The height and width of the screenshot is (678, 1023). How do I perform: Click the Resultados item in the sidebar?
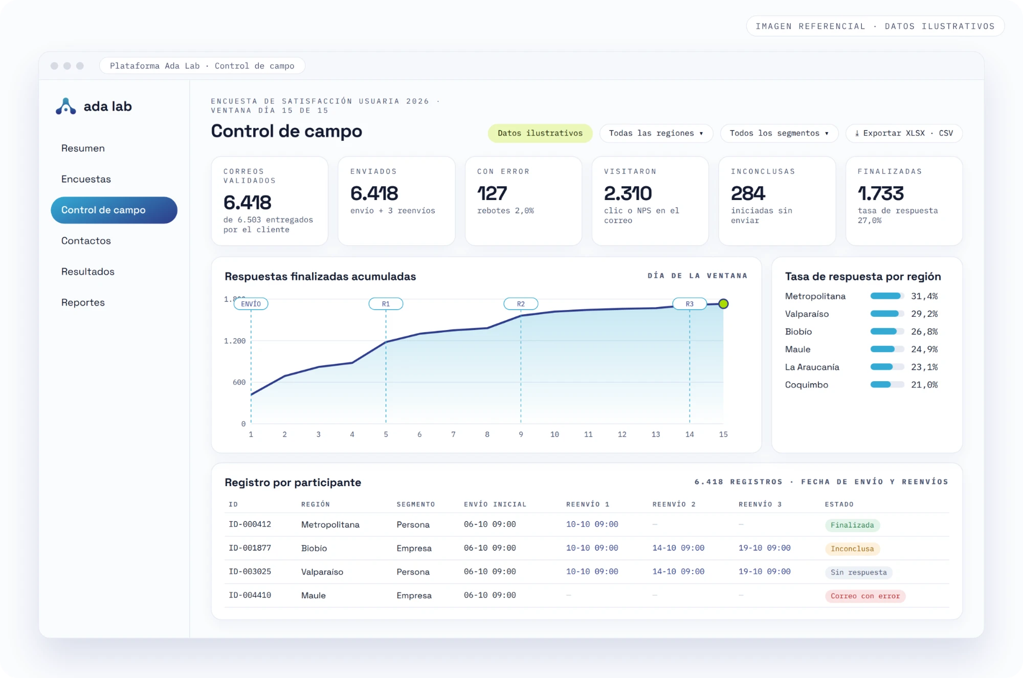[87, 272]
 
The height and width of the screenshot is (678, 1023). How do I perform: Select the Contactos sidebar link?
[86, 241]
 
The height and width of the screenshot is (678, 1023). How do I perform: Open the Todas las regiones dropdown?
[656, 133]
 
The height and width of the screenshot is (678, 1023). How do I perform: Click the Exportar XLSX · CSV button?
[904, 133]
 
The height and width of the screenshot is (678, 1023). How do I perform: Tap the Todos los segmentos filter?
[779, 133]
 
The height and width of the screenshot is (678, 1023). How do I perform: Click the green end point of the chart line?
[723, 304]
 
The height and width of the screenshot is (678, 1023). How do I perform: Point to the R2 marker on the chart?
[521, 304]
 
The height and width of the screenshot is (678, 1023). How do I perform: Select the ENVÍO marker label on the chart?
[251, 304]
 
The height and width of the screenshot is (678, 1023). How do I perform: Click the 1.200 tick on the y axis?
[235, 341]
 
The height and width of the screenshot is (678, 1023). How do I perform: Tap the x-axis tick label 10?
[554, 434]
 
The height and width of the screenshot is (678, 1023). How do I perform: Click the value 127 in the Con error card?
[492, 193]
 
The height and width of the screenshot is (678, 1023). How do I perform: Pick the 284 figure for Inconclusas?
[748, 193]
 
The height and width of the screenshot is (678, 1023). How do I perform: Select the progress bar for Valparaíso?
[887, 314]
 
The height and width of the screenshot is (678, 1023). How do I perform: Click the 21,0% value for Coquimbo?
[924, 385]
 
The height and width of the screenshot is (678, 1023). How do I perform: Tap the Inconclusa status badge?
[852, 549]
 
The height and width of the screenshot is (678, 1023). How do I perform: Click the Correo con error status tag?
[865, 596]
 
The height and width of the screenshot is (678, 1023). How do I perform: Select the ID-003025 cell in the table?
[250, 572]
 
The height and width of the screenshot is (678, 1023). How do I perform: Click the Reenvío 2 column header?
[674, 505]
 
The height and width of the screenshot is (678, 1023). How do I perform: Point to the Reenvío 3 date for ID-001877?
[764, 548]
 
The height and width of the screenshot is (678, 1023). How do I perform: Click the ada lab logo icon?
[65, 106]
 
